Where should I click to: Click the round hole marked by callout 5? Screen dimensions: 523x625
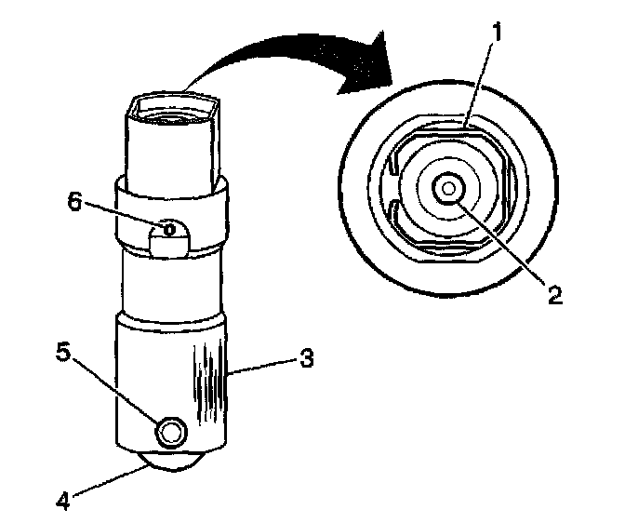171,430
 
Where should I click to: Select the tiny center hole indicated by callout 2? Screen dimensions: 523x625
450,189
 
